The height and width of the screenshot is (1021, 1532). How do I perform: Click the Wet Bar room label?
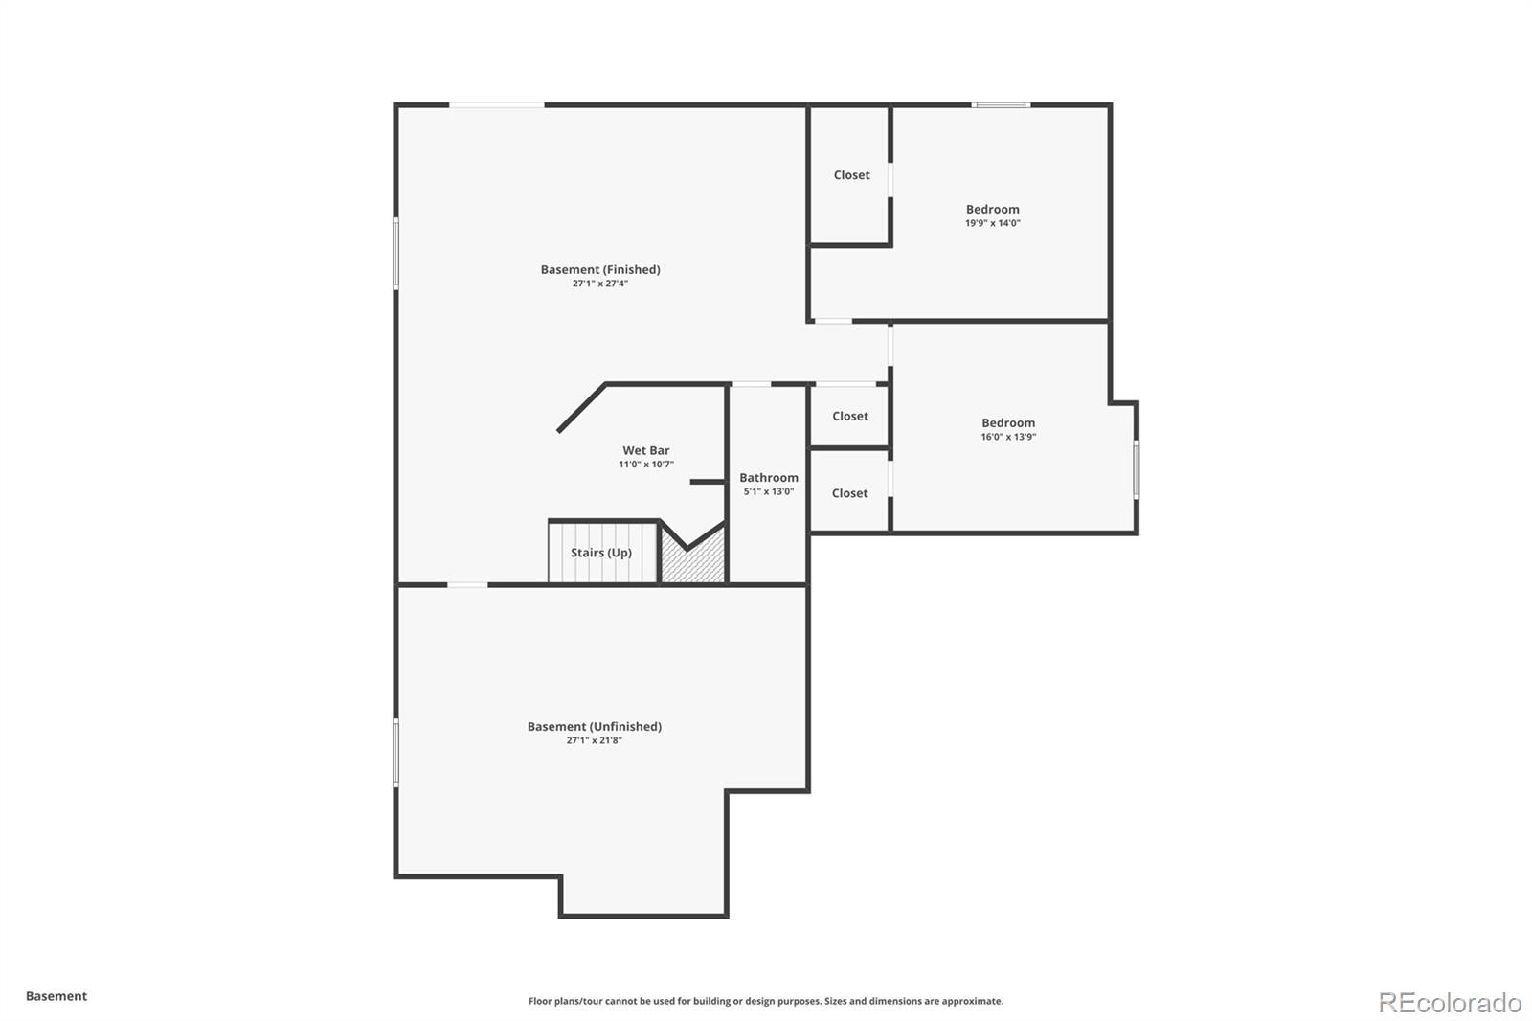(645, 450)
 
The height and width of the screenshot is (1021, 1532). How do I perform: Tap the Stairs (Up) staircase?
(601, 553)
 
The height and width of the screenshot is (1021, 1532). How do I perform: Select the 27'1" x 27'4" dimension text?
(600, 284)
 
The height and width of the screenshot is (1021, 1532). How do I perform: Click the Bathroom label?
(768, 478)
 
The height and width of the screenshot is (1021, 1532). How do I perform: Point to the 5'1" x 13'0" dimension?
(768, 491)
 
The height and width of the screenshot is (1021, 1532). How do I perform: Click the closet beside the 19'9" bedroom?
(851, 175)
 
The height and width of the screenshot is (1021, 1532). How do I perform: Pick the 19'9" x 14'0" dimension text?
(992, 223)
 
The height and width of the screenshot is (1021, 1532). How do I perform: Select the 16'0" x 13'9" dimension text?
(1008, 437)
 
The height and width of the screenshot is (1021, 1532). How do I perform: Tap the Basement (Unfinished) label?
(594, 726)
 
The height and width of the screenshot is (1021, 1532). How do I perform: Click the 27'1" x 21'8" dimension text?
(594, 740)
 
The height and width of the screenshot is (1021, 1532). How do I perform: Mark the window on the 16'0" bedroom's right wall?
(1137, 469)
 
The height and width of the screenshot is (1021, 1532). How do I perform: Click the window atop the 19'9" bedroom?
(1001, 104)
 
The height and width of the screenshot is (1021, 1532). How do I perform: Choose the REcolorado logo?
(1449, 1002)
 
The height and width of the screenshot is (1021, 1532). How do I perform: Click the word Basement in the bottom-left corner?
(56, 996)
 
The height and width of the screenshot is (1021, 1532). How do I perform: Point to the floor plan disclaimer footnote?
(766, 1001)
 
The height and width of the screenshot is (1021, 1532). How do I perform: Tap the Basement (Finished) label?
(600, 269)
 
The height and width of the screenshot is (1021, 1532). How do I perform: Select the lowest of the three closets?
(849, 493)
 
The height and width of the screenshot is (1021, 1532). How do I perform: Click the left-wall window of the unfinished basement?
(395, 753)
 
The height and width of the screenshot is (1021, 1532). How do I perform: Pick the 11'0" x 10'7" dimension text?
(645, 465)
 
